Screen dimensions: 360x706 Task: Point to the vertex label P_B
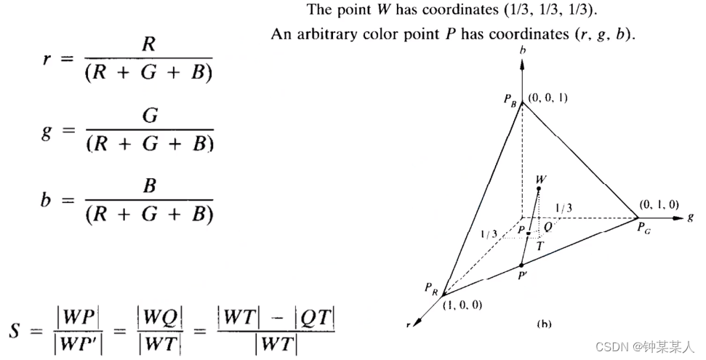click(x=511, y=101)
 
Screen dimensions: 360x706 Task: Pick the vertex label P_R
click(x=431, y=288)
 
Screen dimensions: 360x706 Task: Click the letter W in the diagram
click(x=540, y=178)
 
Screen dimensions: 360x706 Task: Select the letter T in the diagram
click(x=539, y=247)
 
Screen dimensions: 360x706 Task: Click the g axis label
click(x=689, y=217)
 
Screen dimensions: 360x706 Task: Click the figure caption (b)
click(x=544, y=324)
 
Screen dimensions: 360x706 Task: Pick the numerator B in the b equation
click(x=150, y=186)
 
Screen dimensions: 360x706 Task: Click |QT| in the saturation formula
click(x=315, y=317)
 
